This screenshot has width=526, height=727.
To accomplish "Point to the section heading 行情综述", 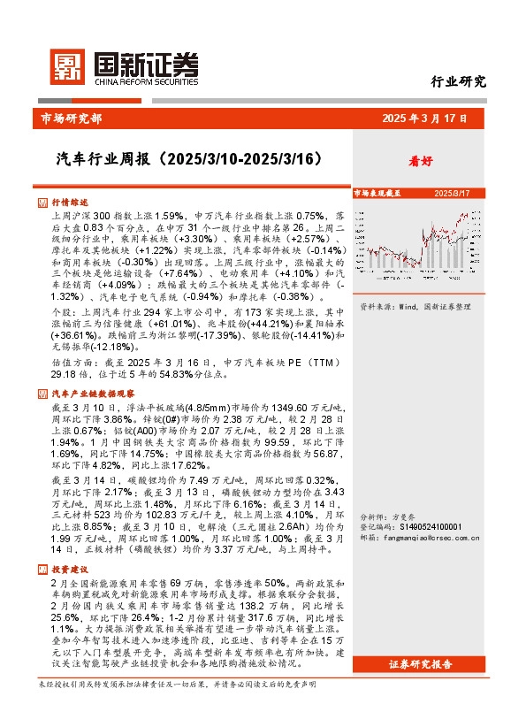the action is coord(70,203).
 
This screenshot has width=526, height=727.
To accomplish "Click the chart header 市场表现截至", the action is coord(378,192).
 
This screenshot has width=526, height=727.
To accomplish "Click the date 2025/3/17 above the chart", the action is coord(451,192).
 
